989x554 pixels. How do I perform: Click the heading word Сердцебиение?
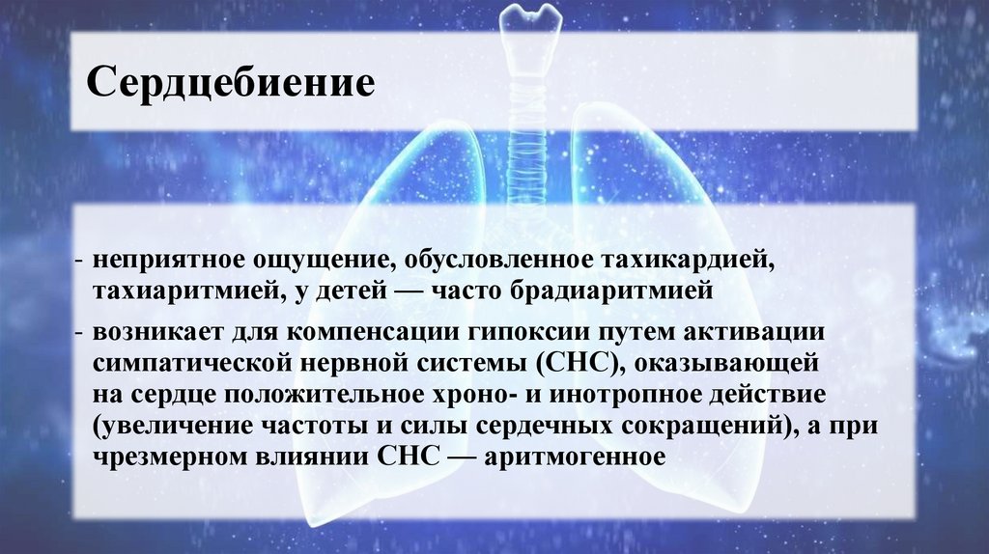pos(232,82)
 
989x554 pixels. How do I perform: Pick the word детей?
pos(353,289)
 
